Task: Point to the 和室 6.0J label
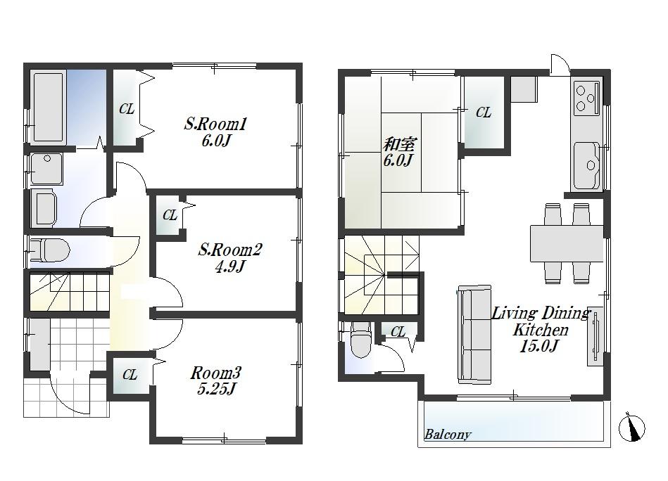click(399, 152)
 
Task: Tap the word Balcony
click(447, 434)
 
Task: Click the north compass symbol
click(631, 428)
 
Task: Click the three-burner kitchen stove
click(586, 98)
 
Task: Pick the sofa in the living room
click(474, 334)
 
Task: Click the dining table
click(567, 243)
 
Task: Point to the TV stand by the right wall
click(595, 336)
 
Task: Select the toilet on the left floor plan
click(52, 250)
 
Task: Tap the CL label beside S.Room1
click(127, 109)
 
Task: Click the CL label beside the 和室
click(483, 113)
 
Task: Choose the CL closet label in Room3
click(130, 375)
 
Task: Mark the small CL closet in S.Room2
click(170, 216)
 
